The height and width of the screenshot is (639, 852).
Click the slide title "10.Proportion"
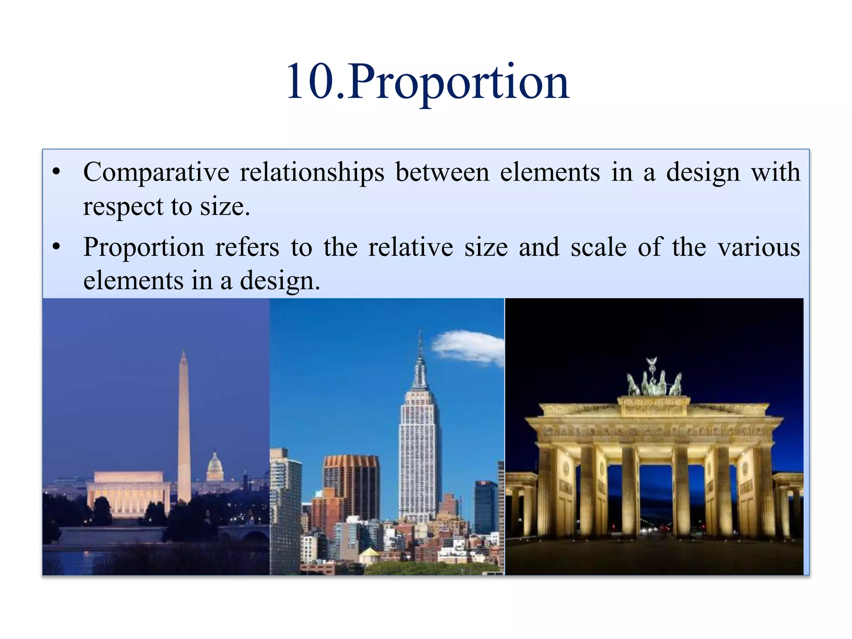(428, 82)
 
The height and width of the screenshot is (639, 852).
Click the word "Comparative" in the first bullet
(156, 172)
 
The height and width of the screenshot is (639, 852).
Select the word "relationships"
(312, 172)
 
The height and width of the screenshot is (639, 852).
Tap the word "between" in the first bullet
(442, 172)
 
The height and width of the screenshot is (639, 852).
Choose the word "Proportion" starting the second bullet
(144, 247)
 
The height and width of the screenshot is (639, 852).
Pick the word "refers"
(247, 247)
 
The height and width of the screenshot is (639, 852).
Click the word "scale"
(598, 247)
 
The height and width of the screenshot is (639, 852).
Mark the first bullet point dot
(57, 172)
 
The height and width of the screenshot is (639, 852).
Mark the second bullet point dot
(57, 247)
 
